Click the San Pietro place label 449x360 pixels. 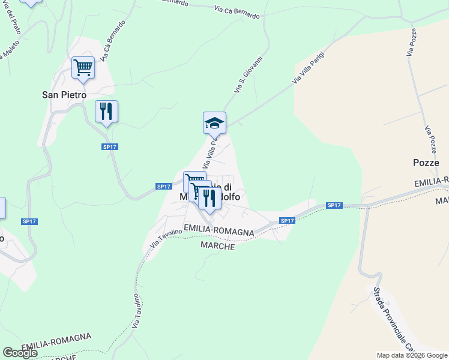(64, 95)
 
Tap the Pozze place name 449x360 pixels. (426, 163)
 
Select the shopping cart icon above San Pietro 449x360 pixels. (83, 68)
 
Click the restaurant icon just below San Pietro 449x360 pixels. (106, 112)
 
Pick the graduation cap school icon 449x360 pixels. (214, 123)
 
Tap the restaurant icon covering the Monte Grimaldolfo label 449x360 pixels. (209, 198)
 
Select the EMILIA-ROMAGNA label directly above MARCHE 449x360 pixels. (219, 229)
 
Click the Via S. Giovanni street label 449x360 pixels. (249, 74)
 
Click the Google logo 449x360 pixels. (20, 353)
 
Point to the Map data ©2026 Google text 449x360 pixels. (412, 355)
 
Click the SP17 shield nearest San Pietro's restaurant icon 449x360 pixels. (109, 146)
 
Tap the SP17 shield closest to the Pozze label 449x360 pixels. (334, 205)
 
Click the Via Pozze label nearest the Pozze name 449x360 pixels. (430, 139)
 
